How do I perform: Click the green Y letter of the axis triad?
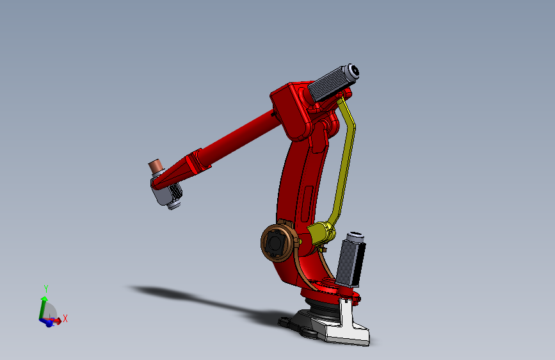pos(45,288)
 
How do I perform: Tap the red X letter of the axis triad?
pos(65,318)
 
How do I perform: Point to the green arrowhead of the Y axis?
pos(44,299)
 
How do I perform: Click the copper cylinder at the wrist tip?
pos(155,167)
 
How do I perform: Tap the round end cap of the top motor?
pos(352,72)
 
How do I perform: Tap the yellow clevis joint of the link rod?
pos(320,231)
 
